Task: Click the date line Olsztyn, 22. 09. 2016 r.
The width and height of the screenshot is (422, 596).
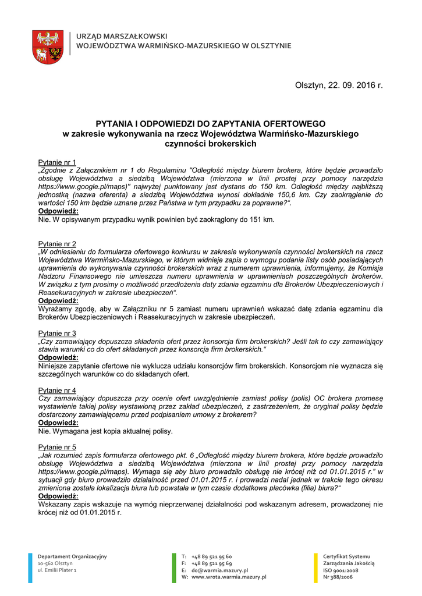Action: pyautogui.click(x=339, y=86)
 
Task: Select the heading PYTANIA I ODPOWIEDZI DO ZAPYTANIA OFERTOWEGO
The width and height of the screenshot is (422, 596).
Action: pyautogui.click(x=211, y=124)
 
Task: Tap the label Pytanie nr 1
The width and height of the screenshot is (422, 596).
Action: pyautogui.click(x=57, y=162)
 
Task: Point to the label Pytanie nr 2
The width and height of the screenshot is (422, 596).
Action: pyautogui.click(x=57, y=243)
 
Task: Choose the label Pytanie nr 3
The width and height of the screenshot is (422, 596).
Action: pyautogui.click(x=57, y=333)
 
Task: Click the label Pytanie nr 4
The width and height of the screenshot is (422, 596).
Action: pyautogui.click(x=57, y=390)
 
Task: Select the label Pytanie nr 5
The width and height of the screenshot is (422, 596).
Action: pyautogui.click(x=57, y=447)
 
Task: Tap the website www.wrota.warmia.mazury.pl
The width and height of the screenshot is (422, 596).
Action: pyautogui.click(x=228, y=577)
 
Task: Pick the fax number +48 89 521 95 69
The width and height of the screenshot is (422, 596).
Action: pyautogui.click(x=210, y=563)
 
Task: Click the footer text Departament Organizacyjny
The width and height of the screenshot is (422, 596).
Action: pyautogui.click(x=72, y=556)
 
